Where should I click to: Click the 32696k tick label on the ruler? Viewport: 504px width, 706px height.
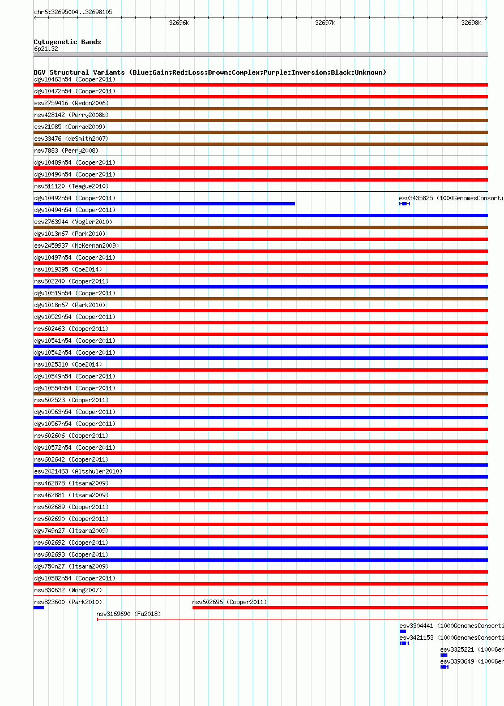179,23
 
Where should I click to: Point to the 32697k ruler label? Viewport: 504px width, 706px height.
325,23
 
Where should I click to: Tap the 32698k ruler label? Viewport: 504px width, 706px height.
471,23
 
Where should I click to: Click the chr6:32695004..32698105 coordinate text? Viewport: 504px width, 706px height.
73,12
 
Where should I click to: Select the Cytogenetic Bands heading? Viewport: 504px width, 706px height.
67,42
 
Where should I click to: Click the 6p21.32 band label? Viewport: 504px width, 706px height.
46,49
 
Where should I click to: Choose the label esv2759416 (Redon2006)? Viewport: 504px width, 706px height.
71,103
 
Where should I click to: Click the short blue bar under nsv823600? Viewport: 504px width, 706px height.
39,608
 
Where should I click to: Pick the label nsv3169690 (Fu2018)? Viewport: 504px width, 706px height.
129,614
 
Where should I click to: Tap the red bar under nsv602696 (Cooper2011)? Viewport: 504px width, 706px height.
340,608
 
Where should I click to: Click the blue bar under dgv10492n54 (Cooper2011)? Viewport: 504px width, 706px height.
164,204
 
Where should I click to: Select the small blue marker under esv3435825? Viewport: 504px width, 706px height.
404,204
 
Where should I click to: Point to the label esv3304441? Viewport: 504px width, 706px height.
416,626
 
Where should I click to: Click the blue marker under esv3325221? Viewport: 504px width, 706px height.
444,655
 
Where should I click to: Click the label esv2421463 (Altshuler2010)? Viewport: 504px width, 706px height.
78,471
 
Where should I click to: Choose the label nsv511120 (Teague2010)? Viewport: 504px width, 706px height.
71,186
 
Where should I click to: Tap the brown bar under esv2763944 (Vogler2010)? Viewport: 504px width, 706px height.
260,227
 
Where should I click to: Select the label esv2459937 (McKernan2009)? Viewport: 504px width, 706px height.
76,246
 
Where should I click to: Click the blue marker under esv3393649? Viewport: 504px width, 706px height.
445,667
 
